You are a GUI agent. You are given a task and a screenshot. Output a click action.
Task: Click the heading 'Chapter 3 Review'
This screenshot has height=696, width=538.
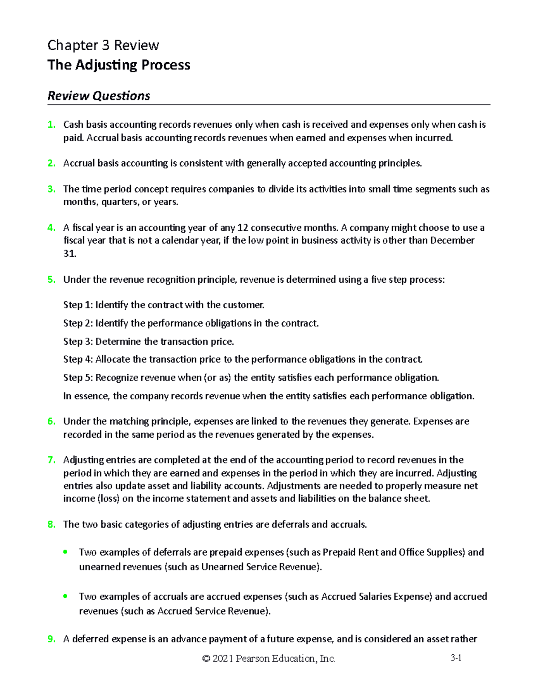pyautogui.click(x=103, y=45)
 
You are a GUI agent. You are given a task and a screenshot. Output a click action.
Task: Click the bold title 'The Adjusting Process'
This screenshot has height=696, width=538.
pyautogui.click(x=119, y=65)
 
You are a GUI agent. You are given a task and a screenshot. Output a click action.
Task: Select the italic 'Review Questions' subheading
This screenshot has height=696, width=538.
pyautogui.click(x=99, y=96)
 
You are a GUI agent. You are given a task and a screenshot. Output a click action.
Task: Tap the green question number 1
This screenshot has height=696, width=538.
pyautogui.click(x=51, y=125)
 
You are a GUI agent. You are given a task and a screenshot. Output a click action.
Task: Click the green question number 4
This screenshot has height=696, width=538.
pyautogui.click(x=51, y=228)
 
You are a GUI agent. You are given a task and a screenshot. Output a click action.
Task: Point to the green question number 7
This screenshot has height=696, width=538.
pyautogui.click(x=51, y=460)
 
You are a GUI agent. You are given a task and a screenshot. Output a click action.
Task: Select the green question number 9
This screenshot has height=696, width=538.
pyautogui.click(x=51, y=639)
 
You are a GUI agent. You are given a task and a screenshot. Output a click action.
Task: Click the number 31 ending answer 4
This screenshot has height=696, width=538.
pyautogui.click(x=69, y=254)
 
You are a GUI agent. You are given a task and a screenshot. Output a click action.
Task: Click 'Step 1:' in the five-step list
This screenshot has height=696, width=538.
pyautogui.click(x=78, y=305)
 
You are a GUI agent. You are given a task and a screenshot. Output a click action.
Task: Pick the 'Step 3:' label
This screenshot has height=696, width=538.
pyautogui.click(x=78, y=342)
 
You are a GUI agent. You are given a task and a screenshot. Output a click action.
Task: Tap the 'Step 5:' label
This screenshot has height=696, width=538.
pyautogui.click(x=78, y=378)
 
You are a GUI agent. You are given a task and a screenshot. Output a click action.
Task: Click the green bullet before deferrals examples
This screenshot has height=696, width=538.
pyautogui.click(x=65, y=552)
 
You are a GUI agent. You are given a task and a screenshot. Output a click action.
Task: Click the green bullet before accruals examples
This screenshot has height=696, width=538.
pyautogui.click(x=65, y=597)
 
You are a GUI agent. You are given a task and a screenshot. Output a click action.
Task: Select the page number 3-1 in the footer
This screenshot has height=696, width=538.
pyautogui.click(x=456, y=658)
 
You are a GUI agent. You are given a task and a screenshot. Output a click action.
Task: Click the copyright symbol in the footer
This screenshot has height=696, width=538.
pyautogui.click(x=206, y=659)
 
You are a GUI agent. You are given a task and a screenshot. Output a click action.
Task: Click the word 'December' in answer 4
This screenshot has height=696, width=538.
pyautogui.click(x=452, y=241)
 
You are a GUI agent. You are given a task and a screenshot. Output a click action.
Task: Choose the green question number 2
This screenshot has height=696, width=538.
pyautogui.click(x=51, y=164)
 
